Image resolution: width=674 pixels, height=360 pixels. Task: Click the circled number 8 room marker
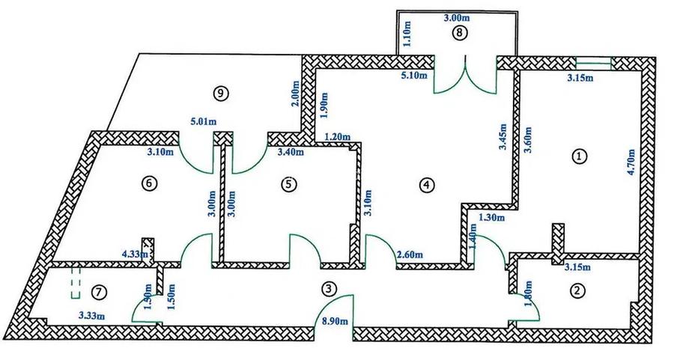click(460, 34)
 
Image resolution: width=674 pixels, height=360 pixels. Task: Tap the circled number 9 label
click(220, 94)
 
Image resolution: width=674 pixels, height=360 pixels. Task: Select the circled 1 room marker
click(580, 157)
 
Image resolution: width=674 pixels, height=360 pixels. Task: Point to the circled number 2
click(577, 291)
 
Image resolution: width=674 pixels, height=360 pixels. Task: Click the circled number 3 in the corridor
click(329, 289)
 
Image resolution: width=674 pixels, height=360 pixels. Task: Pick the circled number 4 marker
click(426, 185)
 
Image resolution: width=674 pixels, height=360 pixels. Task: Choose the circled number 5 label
click(289, 184)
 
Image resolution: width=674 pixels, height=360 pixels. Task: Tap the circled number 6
click(149, 183)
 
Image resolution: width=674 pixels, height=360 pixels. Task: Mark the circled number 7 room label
click(99, 292)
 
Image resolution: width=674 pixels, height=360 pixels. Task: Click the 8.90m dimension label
click(335, 320)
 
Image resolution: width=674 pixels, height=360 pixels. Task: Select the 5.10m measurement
click(414, 76)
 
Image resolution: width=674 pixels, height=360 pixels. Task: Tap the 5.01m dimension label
click(204, 121)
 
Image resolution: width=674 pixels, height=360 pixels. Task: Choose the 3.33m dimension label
click(92, 317)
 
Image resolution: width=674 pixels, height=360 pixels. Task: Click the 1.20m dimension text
click(337, 137)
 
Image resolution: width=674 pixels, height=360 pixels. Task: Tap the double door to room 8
click(465, 74)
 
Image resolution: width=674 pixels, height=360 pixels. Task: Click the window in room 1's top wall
click(593, 64)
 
